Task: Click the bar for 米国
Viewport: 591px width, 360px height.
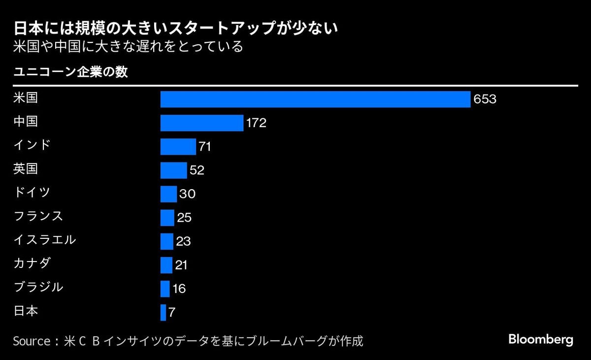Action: click(315, 99)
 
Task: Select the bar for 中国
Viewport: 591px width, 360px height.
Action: click(202, 123)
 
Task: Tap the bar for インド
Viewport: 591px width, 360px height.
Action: click(178, 147)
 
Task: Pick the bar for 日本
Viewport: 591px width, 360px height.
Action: click(163, 313)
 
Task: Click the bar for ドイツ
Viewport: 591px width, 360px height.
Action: click(168, 194)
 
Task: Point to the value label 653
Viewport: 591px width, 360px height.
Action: click(485, 99)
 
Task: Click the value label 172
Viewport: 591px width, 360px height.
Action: click(256, 123)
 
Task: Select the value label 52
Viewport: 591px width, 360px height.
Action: click(197, 170)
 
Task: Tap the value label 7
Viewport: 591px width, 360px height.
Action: click(172, 313)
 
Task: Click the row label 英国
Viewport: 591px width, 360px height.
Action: click(26, 169)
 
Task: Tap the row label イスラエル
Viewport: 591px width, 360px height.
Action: click(45, 240)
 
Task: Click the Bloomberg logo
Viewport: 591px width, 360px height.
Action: click(541, 339)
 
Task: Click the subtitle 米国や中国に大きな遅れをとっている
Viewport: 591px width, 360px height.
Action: click(128, 47)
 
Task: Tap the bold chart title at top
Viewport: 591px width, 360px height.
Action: click(175, 28)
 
